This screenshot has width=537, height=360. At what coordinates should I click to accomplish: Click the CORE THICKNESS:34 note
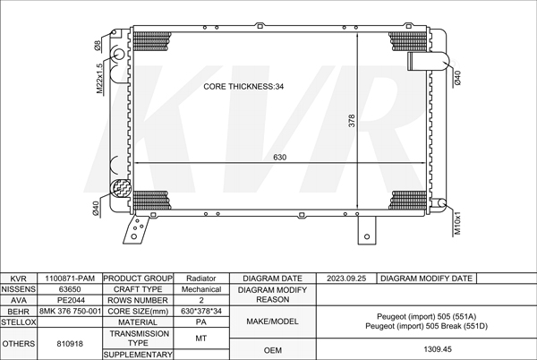[243, 86]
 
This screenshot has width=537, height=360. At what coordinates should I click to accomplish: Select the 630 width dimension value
[280, 158]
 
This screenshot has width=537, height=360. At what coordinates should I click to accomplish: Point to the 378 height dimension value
[352, 121]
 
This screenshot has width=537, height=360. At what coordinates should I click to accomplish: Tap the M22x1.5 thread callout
[99, 79]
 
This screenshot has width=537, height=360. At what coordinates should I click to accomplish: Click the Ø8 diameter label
[98, 46]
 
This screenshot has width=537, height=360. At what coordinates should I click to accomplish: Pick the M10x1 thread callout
[457, 223]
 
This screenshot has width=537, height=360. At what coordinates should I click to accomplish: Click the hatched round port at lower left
[121, 188]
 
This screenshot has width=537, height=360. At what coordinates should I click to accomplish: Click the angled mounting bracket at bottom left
[136, 229]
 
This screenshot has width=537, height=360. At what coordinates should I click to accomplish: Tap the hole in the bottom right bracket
[367, 236]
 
